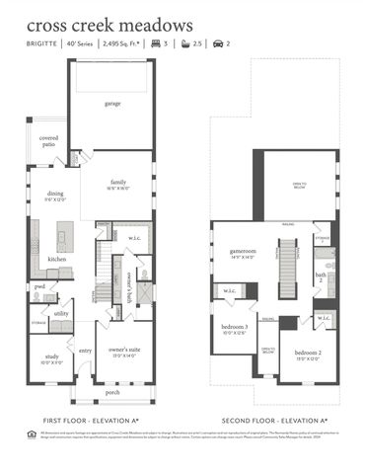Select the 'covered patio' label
[x=49, y=142]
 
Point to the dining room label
[x=55, y=196]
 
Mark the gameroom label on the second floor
[x=242, y=253]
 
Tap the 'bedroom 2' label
[x=307, y=353]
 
